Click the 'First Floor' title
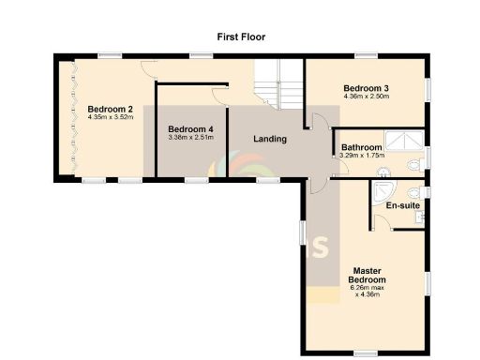(240, 37)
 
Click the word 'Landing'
(270, 140)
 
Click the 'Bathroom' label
(361, 147)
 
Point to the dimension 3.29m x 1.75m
(361, 156)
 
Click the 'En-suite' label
(402, 204)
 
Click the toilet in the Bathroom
(413, 165)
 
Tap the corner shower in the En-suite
(382, 192)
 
